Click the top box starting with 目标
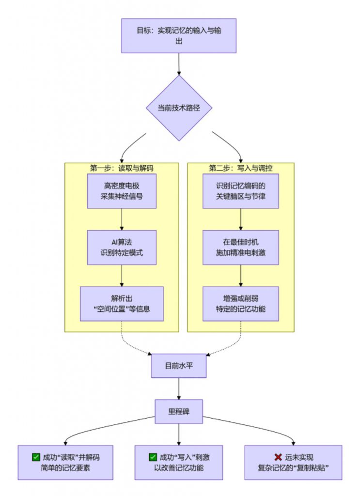coord(179,35)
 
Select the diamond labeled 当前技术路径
coord(179,108)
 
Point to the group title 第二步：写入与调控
coord(240,168)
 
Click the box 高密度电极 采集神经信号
coord(122,191)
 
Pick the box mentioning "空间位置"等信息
coord(122,303)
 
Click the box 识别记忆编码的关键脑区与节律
coord(240,191)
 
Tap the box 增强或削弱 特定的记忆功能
coord(240,303)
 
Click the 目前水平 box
coord(179,366)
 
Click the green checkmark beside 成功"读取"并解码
coord(35,457)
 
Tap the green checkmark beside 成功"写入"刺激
coord(153,457)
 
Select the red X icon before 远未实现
coord(278,457)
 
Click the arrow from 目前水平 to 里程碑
coord(179,389)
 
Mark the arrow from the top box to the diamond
coord(179,63)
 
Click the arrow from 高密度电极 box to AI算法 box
coord(122,219)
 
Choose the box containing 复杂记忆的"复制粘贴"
coord(293,463)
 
